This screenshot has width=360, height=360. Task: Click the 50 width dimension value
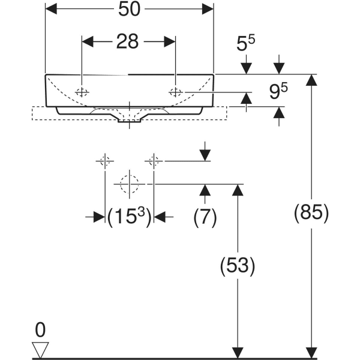click(x=129, y=9)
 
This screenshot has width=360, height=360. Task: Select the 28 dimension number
click(x=127, y=41)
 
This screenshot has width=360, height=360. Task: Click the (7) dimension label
click(x=205, y=218)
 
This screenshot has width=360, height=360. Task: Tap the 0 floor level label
click(x=41, y=329)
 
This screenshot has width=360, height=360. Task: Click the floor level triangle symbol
click(x=41, y=349)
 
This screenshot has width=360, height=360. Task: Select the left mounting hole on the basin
click(x=82, y=92)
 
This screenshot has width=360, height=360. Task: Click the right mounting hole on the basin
click(x=176, y=92)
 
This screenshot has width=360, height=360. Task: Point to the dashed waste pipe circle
click(x=129, y=184)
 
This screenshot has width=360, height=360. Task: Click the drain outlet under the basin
click(x=129, y=120)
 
